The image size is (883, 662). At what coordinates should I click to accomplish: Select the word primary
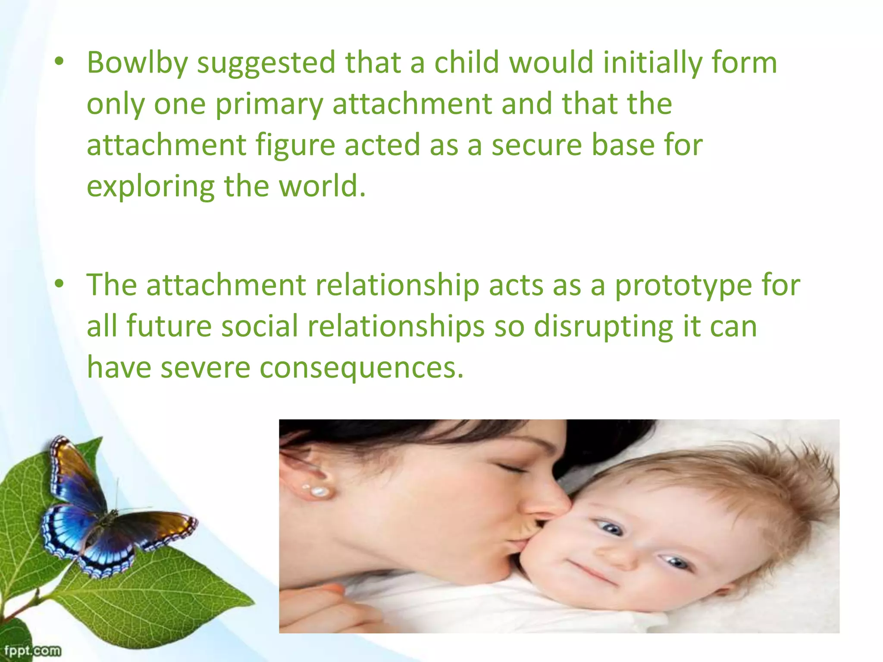coord(269,105)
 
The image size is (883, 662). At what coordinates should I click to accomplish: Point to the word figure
coord(295,146)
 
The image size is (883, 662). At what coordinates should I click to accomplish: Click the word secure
coord(537,145)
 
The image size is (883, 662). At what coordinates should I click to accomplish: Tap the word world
coord(322,186)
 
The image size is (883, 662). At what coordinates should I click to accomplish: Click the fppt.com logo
coord(32,650)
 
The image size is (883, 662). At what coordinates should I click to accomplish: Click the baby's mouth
coord(593,571)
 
